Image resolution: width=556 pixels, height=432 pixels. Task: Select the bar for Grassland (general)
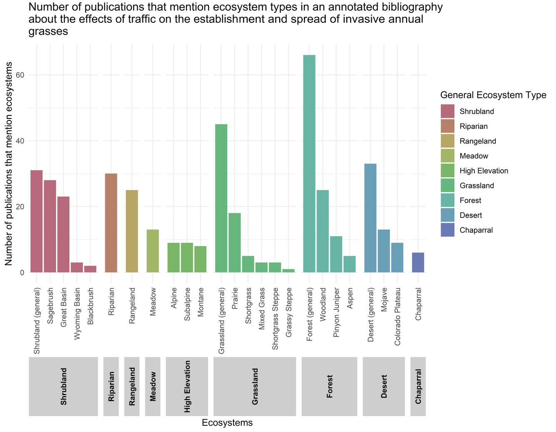pyautogui.click(x=221, y=198)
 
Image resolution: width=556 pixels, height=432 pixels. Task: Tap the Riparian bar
pyautogui.click(x=111, y=223)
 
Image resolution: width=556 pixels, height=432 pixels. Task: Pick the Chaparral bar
pyautogui.click(x=418, y=262)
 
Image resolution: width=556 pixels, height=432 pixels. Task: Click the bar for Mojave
pyautogui.click(x=384, y=251)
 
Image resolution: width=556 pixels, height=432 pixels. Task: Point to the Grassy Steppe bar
pyautogui.click(x=288, y=271)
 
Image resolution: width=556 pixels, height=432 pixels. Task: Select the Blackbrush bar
pyautogui.click(x=90, y=269)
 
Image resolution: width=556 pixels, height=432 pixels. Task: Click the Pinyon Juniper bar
pyautogui.click(x=336, y=254)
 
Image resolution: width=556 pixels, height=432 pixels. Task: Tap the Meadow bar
pyautogui.click(x=153, y=251)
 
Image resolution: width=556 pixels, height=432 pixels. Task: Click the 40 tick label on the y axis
pyautogui.click(x=20, y=141)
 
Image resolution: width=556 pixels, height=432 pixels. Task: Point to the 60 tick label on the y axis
pyautogui.click(x=20, y=75)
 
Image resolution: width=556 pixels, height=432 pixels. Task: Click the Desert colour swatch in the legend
pyautogui.click(x=448, y=215)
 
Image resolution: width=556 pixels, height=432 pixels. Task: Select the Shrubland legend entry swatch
pyautogui.click(x=448, y=111)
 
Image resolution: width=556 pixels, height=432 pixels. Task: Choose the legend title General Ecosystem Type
pyautogui.click(x=493, y=95)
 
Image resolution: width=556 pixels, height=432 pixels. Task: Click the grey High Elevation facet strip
pyautogui.click(x=187, y=386)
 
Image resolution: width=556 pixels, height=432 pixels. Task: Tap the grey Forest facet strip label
pyautogui.click(x=330, y=386)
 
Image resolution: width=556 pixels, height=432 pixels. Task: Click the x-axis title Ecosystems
pyautogui.click(x=227, y=423)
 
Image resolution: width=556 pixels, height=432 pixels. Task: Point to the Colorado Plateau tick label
pyautogui.click(x=397, y=316)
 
